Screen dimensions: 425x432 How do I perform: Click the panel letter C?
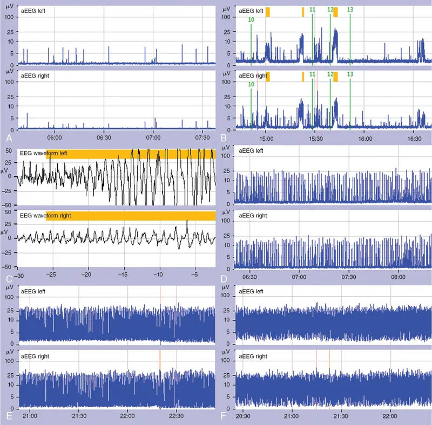(x=8, y=279)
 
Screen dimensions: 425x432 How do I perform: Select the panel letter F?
(x=224, y=416)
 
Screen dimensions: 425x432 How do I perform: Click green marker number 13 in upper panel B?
(x=350, y=10)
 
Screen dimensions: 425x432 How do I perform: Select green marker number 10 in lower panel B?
(x=251, y=84)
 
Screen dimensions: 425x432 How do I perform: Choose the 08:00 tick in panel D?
(x=399, y=275)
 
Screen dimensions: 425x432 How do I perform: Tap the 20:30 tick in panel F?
(x=243, y=416)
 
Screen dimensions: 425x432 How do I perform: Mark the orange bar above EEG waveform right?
(x=130, y=216)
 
